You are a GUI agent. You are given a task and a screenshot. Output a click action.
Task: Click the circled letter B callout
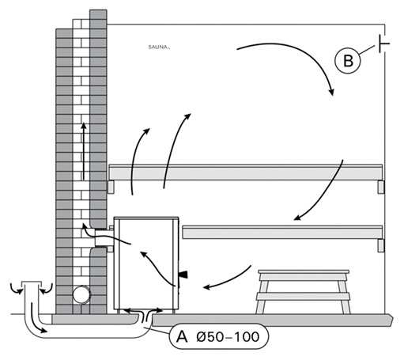(x=347, y=61)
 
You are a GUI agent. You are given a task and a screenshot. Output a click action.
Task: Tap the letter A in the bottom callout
(x=182, y=337)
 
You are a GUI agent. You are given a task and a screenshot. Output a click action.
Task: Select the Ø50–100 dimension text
(x=228, y=337)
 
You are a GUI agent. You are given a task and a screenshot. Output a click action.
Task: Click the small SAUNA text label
(x=158, y=47)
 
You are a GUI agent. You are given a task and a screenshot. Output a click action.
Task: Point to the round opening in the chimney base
(x=81, y=294)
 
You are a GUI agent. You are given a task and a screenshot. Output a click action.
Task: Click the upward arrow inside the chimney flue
(x=84, y=151)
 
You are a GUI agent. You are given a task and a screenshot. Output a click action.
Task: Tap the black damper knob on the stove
(x=183, y=275)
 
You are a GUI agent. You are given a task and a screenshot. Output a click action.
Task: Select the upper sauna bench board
(x=246, y=172)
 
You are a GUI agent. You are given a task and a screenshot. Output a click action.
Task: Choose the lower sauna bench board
(x=282, y=232)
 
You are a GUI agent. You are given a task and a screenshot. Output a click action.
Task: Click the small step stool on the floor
(x=304, y=291)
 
